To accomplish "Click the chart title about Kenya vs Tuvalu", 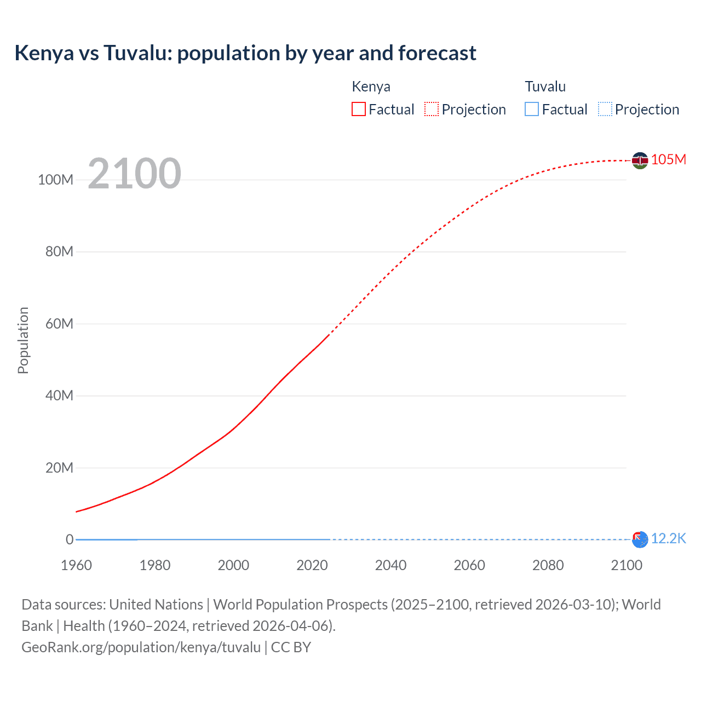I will click(245, 53).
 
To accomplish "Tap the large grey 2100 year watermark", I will click(134, 173).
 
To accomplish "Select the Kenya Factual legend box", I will click(359, 109).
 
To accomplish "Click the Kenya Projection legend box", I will click(432, 109).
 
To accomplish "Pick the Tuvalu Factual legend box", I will click(532, 109).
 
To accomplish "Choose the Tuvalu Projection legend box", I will click(605, 109).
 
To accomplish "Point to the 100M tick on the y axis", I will click(55, 180).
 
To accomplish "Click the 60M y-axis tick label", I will click(59, 324).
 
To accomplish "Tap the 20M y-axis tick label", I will click(59, 468).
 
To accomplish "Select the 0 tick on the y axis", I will click(70, 539).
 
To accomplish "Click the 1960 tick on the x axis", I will click(76, 565).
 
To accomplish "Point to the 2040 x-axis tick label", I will click(390, 565).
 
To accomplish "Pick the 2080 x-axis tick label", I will click(548, 565).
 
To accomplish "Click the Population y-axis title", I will click(23, 340).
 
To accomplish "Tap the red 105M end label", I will click(669, 159).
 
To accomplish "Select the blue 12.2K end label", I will click(669, 538).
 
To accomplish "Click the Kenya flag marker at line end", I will click(640, 160).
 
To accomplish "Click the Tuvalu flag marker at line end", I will click(640, 539).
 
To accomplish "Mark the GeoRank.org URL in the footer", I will click(141, 647).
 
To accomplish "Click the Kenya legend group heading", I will click(371, 87).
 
